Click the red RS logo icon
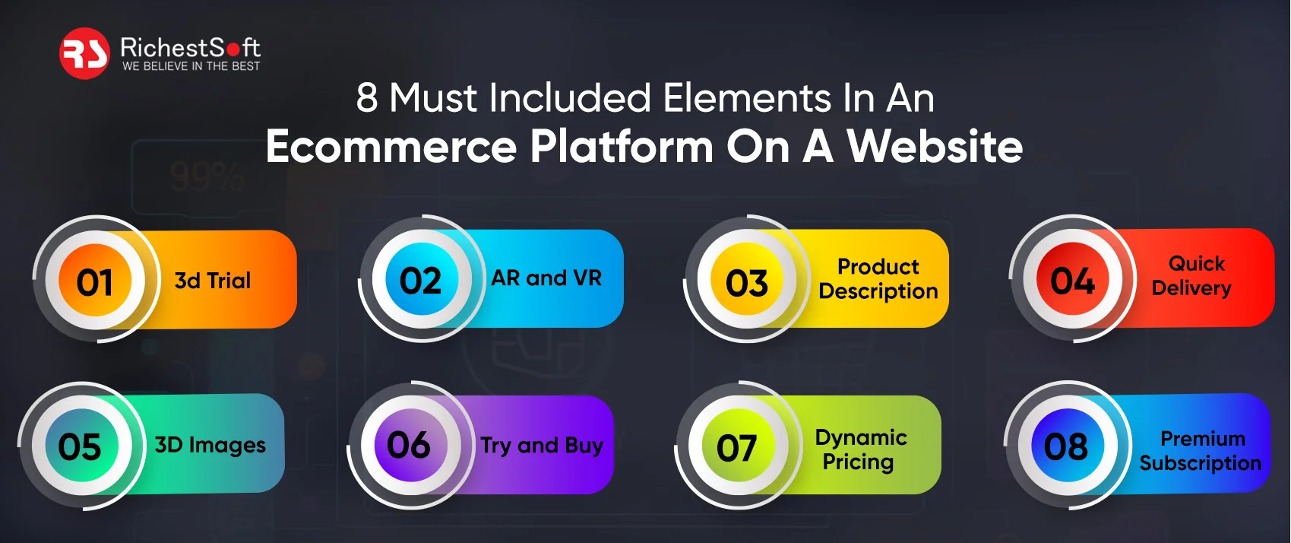84,53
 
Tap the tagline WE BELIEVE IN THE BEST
191,67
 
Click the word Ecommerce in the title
391,146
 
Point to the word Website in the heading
935,146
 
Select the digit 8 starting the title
367,98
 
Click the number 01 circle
95,282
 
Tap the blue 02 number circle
420,281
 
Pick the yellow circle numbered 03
747,283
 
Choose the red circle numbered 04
1072,281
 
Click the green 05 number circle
80,446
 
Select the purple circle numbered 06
408,445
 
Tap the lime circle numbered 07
736,447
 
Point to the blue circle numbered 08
1065,446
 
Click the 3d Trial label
213,281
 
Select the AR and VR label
546,278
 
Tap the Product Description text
878,279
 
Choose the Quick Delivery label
1192,276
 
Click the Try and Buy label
542,446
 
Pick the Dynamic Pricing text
860,449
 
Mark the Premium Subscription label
1201,451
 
